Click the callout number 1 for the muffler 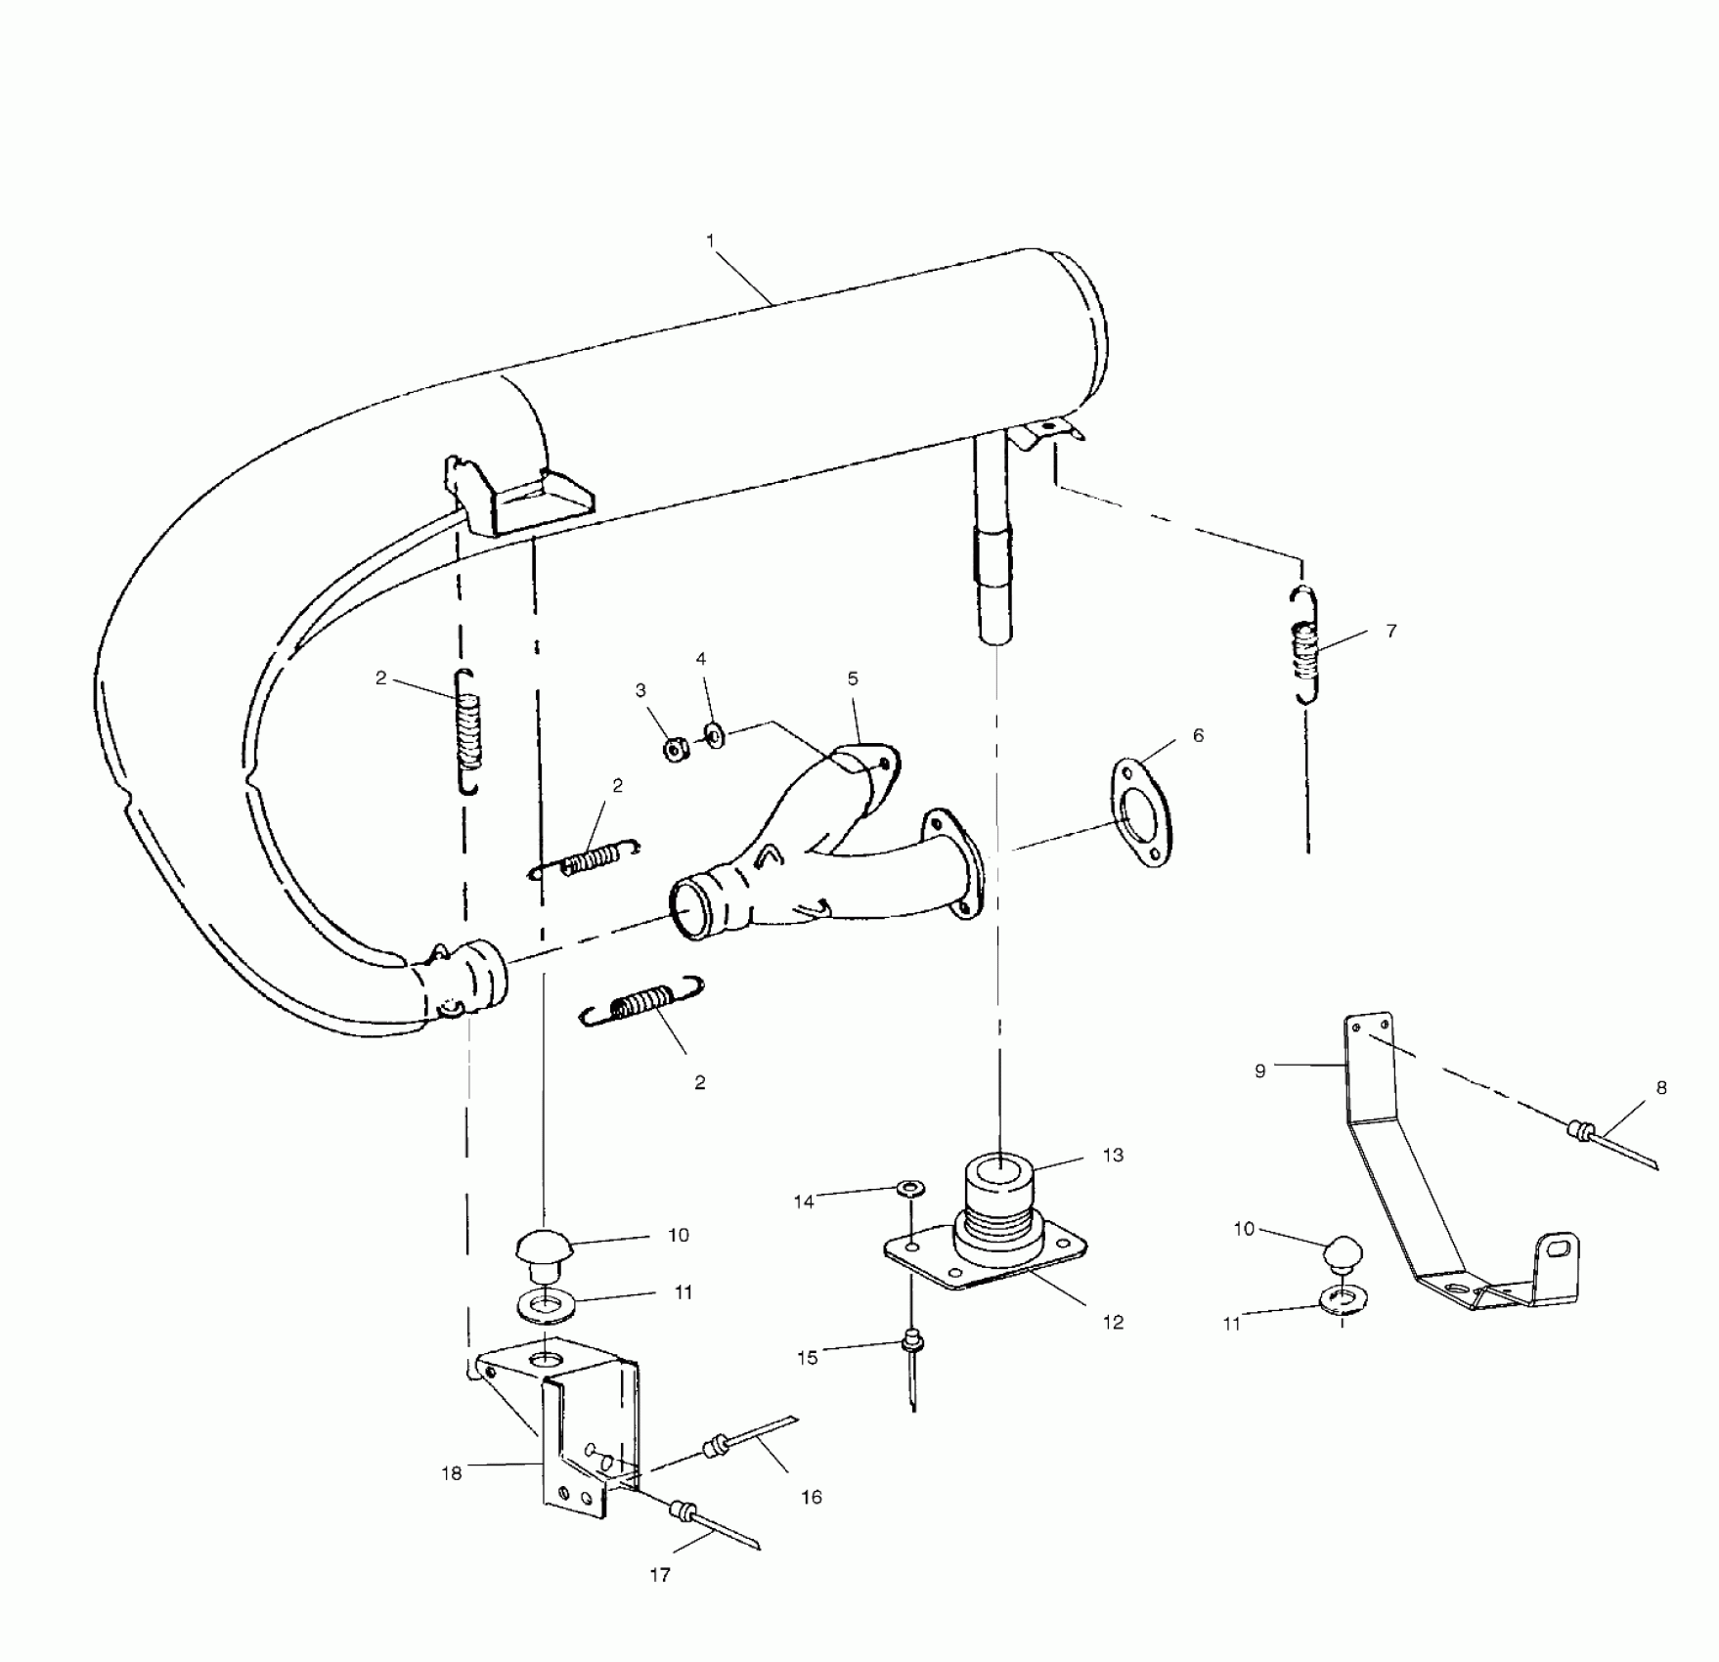click(x=710, y=241)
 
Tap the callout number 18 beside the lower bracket click(x=451, y=1473)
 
